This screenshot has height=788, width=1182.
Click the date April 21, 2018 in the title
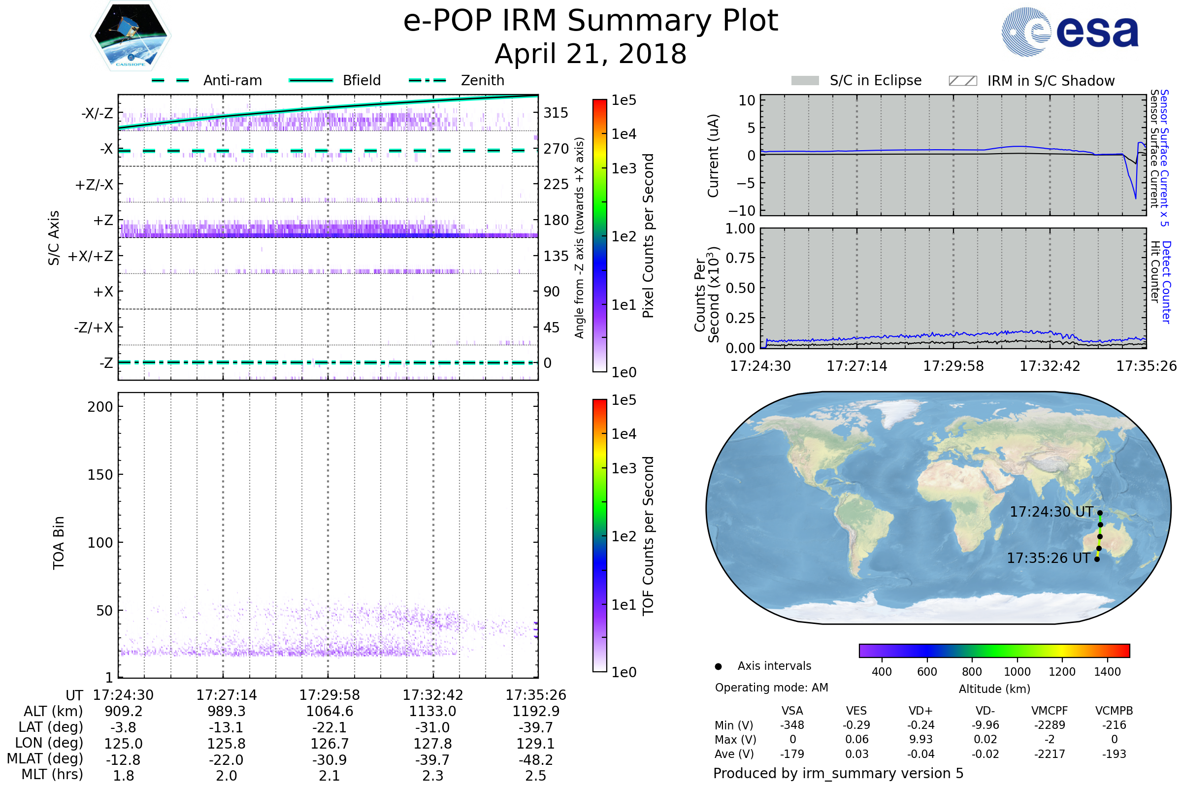[591, 54]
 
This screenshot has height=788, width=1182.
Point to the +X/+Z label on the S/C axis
[91, 256]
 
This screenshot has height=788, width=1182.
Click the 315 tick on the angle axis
[556, 113]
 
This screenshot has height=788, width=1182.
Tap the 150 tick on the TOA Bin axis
[100, 475]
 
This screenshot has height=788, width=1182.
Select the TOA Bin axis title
[58, 543]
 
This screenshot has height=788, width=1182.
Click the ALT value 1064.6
[329, 712]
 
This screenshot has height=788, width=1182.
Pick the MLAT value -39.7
[432, 760]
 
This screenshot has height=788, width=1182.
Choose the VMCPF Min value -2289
[1050, 725]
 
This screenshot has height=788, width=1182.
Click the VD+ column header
[920, 711]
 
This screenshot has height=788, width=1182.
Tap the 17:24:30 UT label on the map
[1051, 512]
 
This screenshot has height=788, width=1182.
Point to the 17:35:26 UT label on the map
[1049, 558]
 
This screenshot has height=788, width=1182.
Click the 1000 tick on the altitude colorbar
[1017, 672]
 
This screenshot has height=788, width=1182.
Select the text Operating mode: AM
[771, 688]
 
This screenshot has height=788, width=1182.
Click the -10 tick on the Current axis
[746, 211]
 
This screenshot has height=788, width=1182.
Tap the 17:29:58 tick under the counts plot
[953, 366]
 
